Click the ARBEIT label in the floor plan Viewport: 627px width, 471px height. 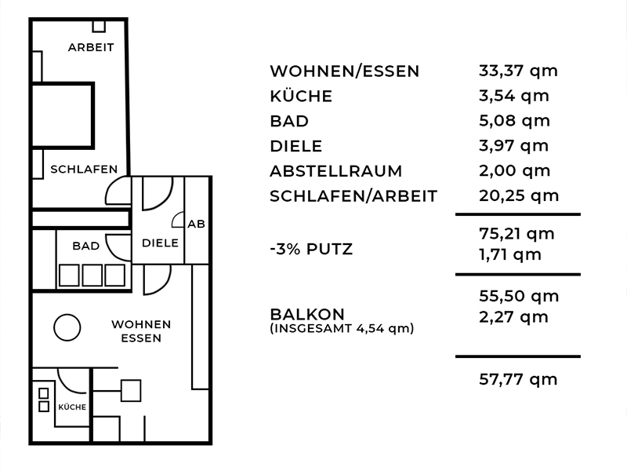[91, 47]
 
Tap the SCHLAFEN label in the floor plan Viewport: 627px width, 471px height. [84, 170]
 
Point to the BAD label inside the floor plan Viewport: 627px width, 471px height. [86, 246]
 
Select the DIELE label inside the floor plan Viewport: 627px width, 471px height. [160, 243]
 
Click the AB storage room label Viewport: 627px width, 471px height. [197, 224]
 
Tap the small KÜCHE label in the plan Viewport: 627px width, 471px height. [72, 407]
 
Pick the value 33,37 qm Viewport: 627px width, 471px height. [518, 71]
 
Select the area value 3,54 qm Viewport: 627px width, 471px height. [514, 96]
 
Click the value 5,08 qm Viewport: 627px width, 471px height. [515, 121]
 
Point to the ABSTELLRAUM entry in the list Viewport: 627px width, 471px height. [336, 171]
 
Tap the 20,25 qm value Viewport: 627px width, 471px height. [519, 195]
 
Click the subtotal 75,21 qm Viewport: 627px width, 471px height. [516, 234]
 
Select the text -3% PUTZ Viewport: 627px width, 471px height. [311, 249]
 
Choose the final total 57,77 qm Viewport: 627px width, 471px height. [518, 379]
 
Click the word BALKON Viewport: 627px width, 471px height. [307, 314]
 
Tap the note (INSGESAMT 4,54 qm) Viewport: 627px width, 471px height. [342, 328]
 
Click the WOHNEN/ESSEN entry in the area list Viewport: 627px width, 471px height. [345, 71]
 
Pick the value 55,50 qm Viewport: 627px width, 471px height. [519, 297]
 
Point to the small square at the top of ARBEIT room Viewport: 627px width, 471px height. [99, 26]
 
